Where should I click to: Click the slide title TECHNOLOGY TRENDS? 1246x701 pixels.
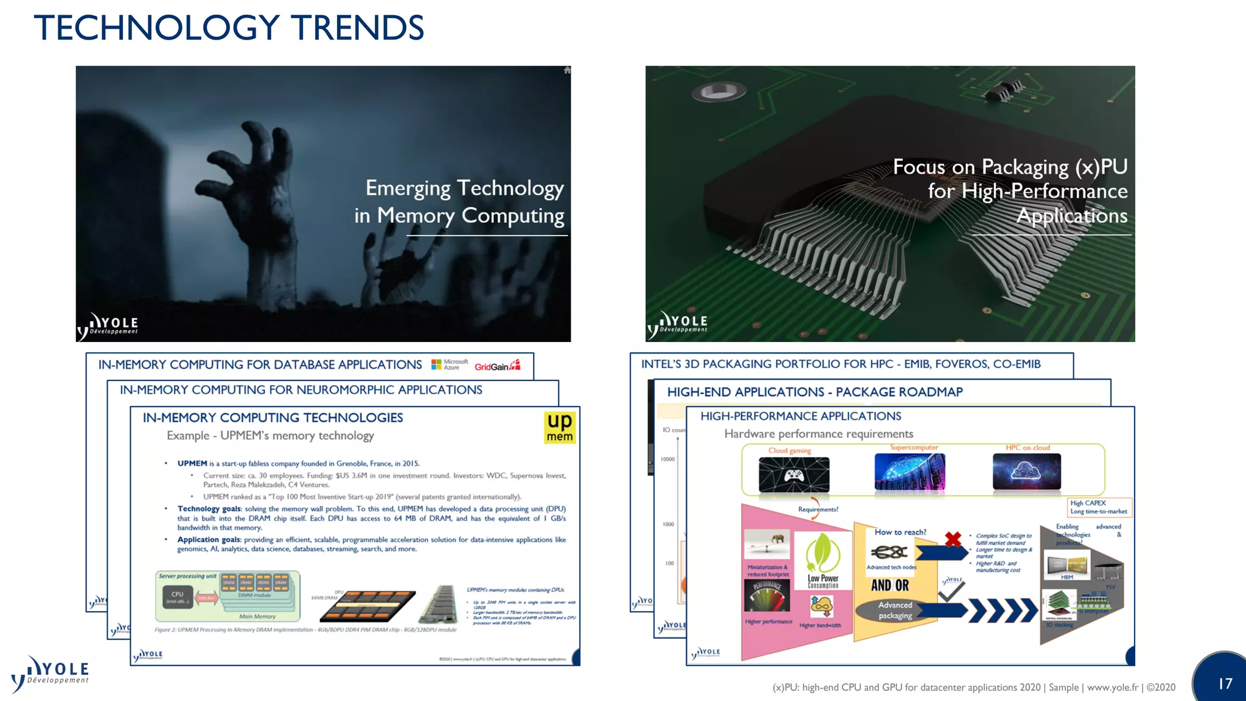[229, 28]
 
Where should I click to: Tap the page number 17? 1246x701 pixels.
[1225, 683]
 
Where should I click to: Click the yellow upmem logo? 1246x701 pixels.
[559, 427]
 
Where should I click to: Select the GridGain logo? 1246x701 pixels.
[497, 366]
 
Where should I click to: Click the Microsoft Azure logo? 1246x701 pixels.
[450, 364]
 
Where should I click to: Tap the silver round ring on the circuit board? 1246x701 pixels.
[719, 92]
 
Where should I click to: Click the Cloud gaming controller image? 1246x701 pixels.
[794, 475]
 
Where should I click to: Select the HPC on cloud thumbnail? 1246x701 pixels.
[1026, 472]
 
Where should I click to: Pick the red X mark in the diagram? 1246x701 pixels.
[953, 539]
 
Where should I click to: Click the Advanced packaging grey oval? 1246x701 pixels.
[895, 610]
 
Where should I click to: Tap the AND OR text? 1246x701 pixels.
[889, 585]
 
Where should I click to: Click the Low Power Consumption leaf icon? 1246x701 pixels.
[823, 553]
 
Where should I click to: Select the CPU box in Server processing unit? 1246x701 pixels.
[177, 597]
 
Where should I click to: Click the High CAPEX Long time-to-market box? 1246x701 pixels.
[1099, 507]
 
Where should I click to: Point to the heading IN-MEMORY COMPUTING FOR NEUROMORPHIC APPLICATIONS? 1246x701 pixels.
[301, 390]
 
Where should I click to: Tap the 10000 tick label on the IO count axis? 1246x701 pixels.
[667, 459]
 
